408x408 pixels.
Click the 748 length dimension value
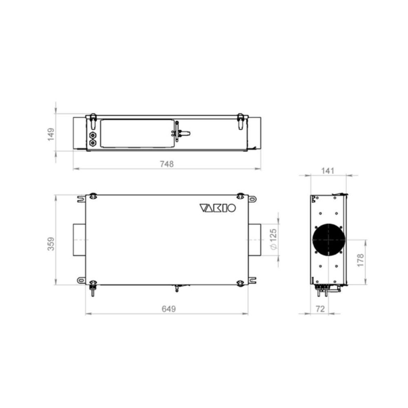click(166, 164)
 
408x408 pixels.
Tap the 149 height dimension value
click(51, 134)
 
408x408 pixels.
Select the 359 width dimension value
click(51, 244)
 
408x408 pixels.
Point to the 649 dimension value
click(169, 309)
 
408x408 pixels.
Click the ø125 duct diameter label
click(273, 239)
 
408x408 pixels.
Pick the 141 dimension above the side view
click(327, 171)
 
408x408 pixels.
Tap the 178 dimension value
click(360, 260)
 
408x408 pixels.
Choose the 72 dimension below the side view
click(320, 309)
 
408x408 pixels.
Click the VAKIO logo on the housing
click(217, 208)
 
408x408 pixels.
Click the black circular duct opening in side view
click(329, 239)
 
